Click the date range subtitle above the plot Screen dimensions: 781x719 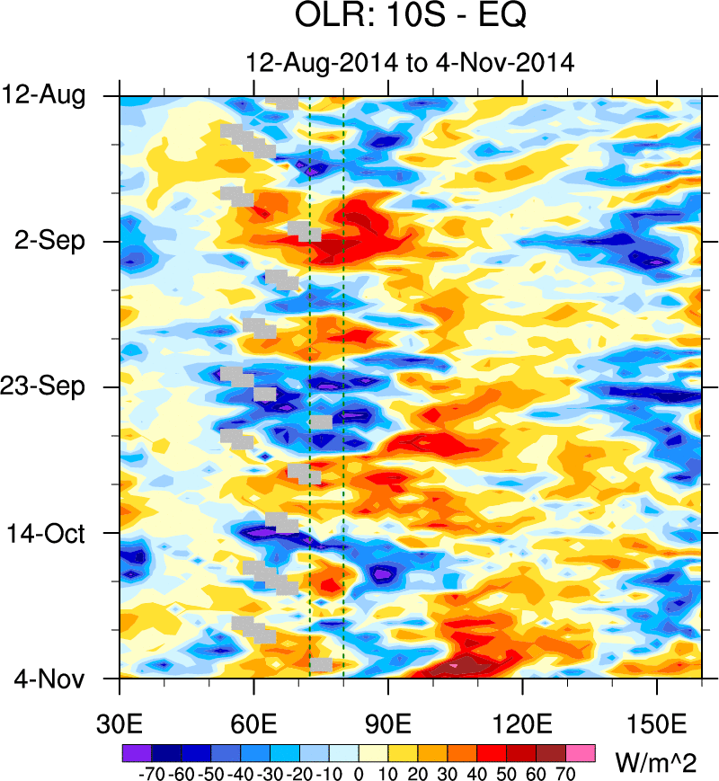pos(410,63)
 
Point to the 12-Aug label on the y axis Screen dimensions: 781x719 pos(56,95)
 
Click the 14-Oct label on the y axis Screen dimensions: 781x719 pos(56,533)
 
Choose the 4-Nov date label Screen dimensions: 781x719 pos(57,679)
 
